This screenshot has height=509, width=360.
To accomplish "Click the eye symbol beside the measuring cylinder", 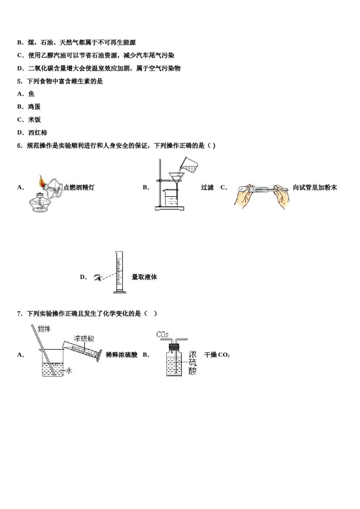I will pyautogui.click(x=99, y=278).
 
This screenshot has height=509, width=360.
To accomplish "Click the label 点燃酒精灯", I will pyautogui.click(x=79, y=187).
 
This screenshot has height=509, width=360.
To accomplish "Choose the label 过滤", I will pyautogui.click(x=207, y=187).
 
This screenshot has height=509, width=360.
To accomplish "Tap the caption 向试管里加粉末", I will pyautogui.click(x=315, y=187).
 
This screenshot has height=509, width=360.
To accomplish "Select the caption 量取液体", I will pyautogui.click(x=144, y=277).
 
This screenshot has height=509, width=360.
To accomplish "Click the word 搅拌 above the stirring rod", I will pyautogui.click(x=44, y=329).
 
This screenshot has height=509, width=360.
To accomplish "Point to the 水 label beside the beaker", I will pyautogui.click(x=69, y=370).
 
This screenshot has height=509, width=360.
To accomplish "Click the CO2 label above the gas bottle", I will pyautogui.click(x=162, y=334).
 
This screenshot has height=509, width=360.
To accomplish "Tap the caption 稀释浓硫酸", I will pyautogui.click(x=121, y=355).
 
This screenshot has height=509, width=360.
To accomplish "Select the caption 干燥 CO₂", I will pyautogui.click(x=217, y=355).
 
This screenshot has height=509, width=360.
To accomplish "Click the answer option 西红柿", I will pyautogui.click(x=38, y=133).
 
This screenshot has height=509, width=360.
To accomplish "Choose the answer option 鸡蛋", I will pyautogui.click(x=34, y=107).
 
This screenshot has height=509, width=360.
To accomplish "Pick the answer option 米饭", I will pyautogui.click(x=34, y=120).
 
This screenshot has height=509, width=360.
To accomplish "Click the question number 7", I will pyautogui.click(x=19, y=314).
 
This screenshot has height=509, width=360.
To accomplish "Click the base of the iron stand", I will pyautogui.click(x=169, y=208).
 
